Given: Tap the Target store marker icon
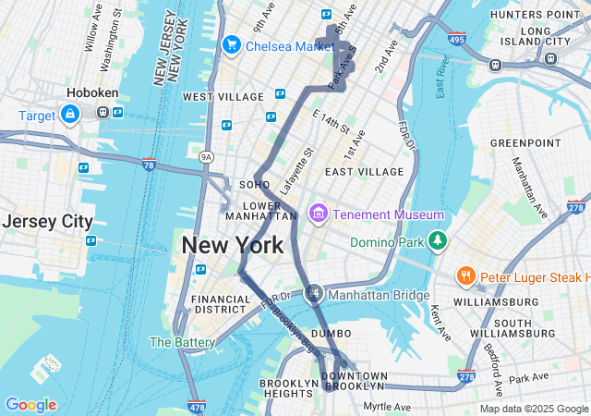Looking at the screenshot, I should pyautogui.click(x=69, y=114).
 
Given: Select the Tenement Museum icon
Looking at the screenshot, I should pyautogui.click(x=319, y=214).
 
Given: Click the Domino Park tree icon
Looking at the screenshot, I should pyautogui.click(x=437, y=242).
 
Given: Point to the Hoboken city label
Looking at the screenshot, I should pyautogui.click(x=90, y=93).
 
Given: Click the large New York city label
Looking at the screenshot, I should pyautogui.click(x=233, y=246).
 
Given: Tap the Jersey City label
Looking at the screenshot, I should pyautogui.click(x=47, y=222).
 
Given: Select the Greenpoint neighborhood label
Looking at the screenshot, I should pyautogui.click(x=525, y=143).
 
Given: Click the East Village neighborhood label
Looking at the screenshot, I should pyautogui.click(x=364, y=172).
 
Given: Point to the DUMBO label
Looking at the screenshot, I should pyautogui.click(x=332, y=333).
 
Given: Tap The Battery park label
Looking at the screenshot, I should pyautogui.click(x=182, y=342).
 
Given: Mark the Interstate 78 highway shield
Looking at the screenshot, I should pyautogui.click(x=149, y=165).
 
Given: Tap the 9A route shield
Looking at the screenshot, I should pyautogui.click(x=207, y=157).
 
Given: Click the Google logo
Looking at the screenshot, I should pyautogui.click(x=30, y=405).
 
